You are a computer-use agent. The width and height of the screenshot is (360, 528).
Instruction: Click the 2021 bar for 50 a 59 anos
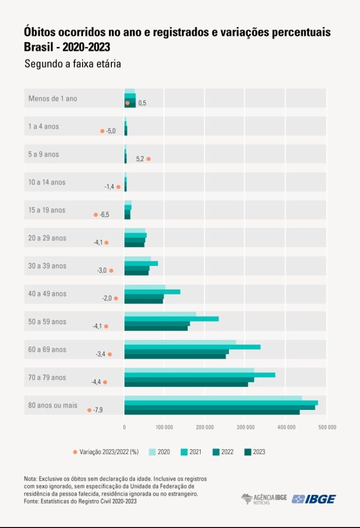[171, 319]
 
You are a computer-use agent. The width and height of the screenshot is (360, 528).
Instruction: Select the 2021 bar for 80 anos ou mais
[221, 403]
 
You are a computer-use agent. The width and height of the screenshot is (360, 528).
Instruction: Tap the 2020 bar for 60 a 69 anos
[180, 342]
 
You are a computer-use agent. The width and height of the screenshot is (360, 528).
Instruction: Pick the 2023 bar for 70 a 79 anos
[186, 384]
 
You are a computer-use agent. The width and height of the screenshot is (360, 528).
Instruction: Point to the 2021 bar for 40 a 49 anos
[152, 291]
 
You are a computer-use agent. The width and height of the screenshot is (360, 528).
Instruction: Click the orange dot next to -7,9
[89, 410]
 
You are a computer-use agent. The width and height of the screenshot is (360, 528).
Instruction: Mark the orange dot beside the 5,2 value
[149, 159]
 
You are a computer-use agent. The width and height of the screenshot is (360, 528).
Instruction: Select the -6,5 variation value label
[104, 214]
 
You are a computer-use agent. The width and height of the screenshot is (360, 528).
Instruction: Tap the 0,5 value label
[142, 103]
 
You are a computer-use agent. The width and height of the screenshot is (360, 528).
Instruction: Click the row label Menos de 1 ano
[53, 98]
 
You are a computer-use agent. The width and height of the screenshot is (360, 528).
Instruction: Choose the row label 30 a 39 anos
[47, 266]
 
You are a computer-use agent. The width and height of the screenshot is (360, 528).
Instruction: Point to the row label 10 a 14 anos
[47, 183]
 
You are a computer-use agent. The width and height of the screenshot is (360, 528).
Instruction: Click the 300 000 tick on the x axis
[246, 427]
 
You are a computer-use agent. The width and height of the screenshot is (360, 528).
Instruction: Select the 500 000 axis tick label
[326, 427]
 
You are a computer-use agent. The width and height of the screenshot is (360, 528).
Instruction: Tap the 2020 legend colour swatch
[152, 452]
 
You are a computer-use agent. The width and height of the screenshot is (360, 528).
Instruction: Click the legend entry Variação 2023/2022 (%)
[108, 452]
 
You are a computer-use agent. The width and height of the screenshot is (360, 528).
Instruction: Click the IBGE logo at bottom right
[314, 499]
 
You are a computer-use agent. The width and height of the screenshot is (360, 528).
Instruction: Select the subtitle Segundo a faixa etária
[72, 64]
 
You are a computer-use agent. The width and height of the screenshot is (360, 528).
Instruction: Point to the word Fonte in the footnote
[32, 501]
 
